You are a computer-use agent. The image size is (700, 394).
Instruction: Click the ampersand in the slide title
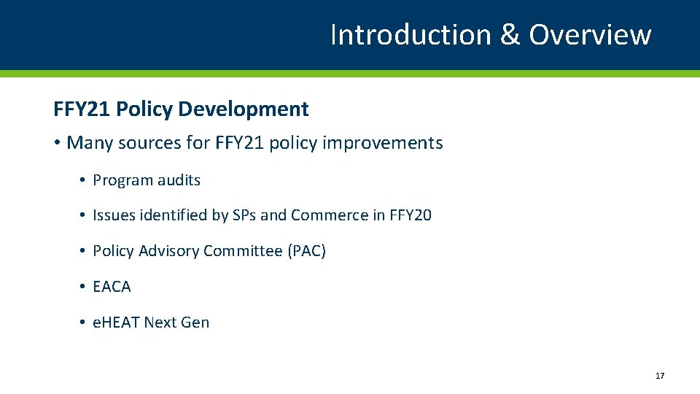coord(510,34)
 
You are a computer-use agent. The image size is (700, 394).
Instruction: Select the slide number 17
coord(660,376)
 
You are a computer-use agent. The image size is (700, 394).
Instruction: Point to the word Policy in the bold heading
coord(143,109)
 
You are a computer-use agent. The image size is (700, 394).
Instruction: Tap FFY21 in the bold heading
coord(82,109)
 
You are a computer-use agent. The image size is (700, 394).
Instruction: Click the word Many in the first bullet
coord(88,143)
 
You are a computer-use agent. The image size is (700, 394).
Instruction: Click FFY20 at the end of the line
coord(411,215)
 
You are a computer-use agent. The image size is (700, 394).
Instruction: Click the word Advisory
coord(169,251)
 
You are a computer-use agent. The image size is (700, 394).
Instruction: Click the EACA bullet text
coord(112,287)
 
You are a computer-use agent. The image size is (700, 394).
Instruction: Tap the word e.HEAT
coord(116,322)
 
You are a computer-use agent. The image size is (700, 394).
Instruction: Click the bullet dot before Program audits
coord(84,180)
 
